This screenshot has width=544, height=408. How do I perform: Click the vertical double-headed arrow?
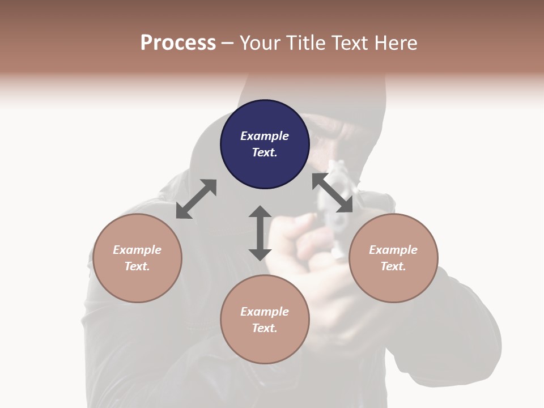tap(260, 233)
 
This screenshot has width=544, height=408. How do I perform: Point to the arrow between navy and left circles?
tap(196, 199)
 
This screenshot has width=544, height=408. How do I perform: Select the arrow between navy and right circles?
tap(333, 193)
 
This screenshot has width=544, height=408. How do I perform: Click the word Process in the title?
tap(178, 42)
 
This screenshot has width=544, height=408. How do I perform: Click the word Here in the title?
tap(395, 42)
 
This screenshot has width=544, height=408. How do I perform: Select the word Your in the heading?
tap(260, 42)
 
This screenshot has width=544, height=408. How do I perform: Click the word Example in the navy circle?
tap(265, 136)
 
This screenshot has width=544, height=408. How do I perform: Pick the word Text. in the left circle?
tap(137, 266)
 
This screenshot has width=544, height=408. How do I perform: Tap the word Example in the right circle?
tap(393, 250)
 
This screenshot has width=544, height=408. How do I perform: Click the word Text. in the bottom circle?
tap(265, 328)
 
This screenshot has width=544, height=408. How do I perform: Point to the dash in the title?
tap(228, 43)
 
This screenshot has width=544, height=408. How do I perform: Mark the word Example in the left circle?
tap(137, 250)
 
